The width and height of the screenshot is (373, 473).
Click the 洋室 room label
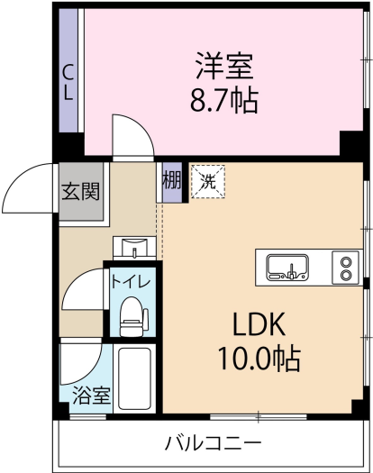[x=223, y=66]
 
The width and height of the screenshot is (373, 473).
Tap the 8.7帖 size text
[x=224, y=101]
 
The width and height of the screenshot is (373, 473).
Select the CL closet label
[x=68, y=82]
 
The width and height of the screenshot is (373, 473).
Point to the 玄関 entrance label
[x=80, y=191]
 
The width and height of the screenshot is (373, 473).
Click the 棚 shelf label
[x=172, y=181]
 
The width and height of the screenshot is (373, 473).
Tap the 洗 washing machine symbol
[x=208, y=182]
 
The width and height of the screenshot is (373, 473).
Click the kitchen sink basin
[x=287, y=268]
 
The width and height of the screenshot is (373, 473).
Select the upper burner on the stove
[x=346, y=261]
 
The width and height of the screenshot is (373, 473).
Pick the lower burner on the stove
[x=346, y=274]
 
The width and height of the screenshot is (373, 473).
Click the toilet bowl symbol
[x=132, y=317]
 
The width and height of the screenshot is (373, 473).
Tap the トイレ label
[x=131, y=282]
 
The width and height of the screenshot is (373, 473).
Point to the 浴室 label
[x=92, y=396]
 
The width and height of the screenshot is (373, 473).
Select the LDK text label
[x=259, y=324]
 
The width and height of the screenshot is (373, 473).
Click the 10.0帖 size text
[x=259, y=359]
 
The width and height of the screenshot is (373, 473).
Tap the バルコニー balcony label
[x=213, y=443]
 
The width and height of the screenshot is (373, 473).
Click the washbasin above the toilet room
[x=134, y=247]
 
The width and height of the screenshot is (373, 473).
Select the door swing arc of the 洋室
[x=141, y=126]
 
